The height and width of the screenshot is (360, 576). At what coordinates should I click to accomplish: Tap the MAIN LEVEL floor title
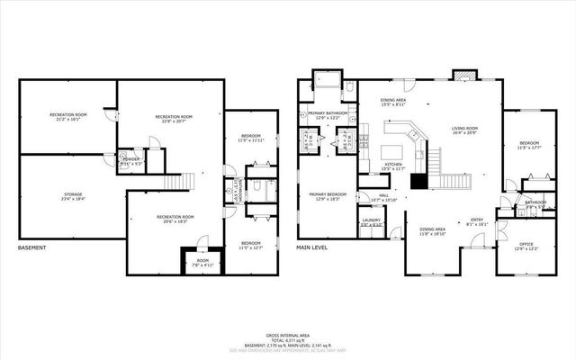[312, 248]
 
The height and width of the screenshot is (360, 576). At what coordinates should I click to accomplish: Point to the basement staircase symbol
[185, 180]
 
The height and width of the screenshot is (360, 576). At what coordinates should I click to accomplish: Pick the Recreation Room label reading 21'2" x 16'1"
[68, 117]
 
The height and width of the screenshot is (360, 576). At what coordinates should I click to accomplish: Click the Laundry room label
[371, 221]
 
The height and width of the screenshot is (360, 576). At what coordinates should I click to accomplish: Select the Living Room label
[464, 131]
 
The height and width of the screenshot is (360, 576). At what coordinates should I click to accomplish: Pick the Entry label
[478, 222]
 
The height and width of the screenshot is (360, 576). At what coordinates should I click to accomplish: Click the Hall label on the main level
[383, 197]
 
